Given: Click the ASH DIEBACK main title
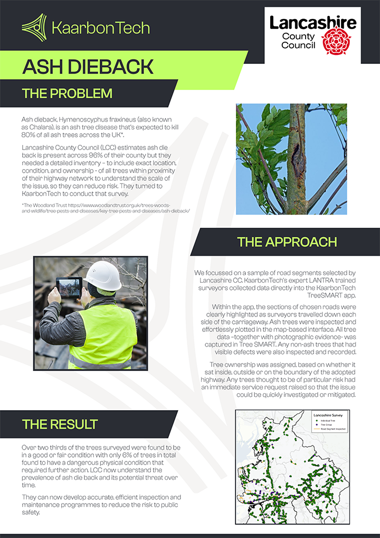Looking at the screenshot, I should pos(88,67).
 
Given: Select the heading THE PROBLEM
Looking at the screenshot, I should pos(67,94).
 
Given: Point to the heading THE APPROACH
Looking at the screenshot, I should pos(287,242).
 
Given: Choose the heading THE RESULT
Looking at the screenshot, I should pos(60,424).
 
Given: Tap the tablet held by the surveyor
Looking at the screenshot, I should pos(69,286).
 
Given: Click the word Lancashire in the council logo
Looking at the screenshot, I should pos(313,23).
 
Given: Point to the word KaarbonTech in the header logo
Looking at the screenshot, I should pos(101,27).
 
